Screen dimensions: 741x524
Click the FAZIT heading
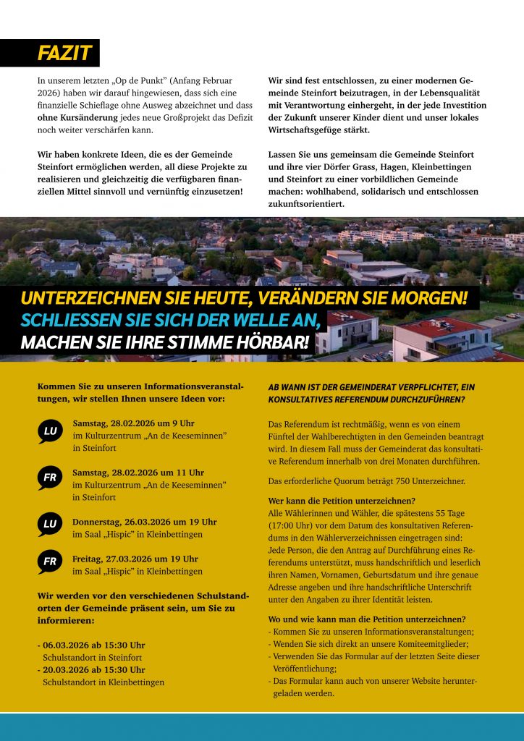64,53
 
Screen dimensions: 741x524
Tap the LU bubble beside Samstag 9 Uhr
50,432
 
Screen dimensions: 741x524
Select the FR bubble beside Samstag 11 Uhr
50,478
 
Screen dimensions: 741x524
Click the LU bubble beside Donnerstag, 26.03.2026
50,525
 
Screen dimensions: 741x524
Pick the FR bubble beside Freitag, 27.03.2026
50,562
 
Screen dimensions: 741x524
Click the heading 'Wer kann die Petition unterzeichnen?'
342,501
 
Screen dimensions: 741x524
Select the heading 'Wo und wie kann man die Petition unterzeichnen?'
366,619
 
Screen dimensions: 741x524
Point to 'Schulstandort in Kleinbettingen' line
103,682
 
